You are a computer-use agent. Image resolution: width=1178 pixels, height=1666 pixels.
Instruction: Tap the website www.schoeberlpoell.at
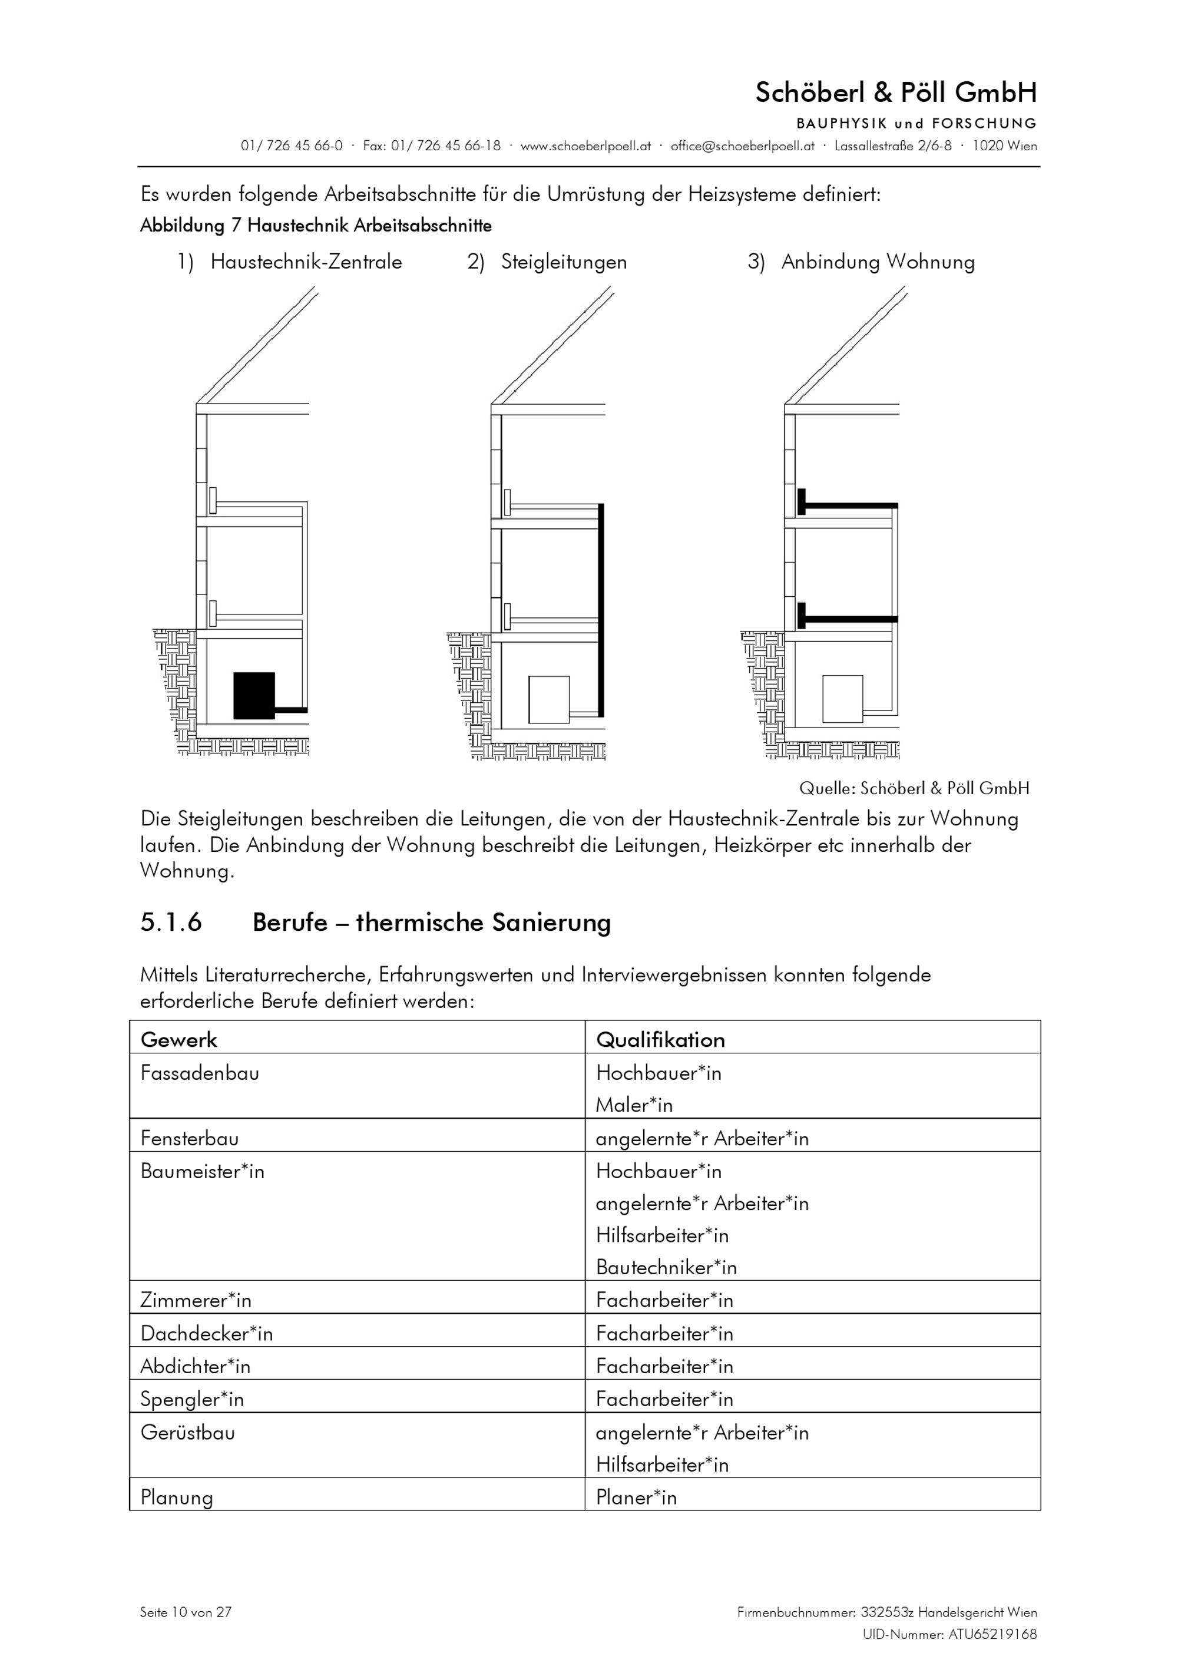(585, 146)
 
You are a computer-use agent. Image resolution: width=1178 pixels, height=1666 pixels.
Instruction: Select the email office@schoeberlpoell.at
(742, 146)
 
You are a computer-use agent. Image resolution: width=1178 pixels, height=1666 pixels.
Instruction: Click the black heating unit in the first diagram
(254, 695)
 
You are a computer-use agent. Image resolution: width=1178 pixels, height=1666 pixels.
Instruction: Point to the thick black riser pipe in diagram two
(601, 610)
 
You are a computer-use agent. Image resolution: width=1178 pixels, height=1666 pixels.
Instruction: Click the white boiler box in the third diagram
(842, 699)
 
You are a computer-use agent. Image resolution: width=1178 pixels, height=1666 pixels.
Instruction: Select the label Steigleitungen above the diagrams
(564, 262)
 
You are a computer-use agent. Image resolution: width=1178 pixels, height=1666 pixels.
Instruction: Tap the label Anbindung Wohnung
(878, 262)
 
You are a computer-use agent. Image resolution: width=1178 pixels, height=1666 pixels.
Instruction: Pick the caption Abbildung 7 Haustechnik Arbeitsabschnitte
(316, 226)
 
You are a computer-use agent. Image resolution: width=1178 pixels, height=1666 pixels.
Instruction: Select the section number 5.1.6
(171, 923)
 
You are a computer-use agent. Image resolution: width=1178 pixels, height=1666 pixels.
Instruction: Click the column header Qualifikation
(660, 1040)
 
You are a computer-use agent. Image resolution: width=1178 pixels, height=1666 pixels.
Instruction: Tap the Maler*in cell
(634, 1105)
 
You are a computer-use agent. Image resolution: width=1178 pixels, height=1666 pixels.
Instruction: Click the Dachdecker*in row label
(207, 1333)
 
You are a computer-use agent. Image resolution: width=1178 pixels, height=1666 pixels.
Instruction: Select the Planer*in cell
(636, 1497)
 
